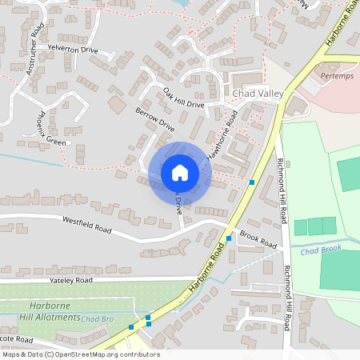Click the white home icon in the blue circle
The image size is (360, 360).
[179, 173]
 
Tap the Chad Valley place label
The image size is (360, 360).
[258, 94]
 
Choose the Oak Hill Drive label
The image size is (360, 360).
[183, 98]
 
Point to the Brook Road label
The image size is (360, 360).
[258, 239]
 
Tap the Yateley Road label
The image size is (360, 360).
[70, 281]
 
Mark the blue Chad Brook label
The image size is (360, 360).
[321, 250]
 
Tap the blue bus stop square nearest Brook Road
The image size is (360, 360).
[229, 238]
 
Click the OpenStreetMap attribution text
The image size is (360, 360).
[81, 354]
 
